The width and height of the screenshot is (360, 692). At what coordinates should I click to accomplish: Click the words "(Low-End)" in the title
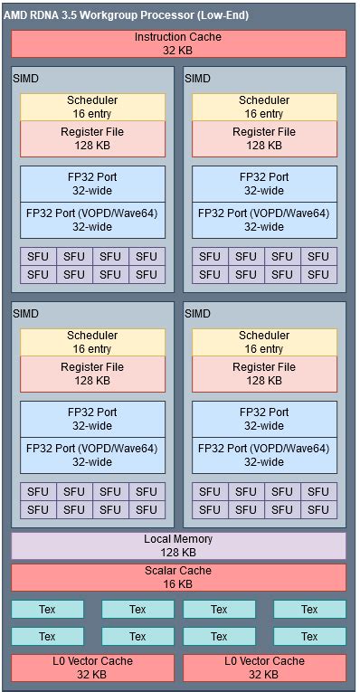217,15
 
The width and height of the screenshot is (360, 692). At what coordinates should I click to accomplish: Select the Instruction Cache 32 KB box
178,43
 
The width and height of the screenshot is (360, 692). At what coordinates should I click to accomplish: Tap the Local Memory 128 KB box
178,545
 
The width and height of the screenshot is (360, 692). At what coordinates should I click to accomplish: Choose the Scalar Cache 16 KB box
178,577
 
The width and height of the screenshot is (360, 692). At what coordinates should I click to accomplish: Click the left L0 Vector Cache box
92,668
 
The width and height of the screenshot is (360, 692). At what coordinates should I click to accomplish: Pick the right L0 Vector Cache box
264,668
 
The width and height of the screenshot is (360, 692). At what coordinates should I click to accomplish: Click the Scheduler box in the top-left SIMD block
92,107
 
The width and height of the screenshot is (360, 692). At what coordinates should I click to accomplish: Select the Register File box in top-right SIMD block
264,138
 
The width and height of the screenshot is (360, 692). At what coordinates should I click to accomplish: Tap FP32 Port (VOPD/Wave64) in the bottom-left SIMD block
92,455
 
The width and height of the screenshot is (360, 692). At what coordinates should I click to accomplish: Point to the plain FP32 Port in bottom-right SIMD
264,419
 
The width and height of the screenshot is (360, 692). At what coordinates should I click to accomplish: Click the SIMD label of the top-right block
197,79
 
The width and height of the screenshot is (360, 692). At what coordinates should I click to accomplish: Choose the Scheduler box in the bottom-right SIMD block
264,342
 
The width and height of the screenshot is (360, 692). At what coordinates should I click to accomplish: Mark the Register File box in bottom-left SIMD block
92,374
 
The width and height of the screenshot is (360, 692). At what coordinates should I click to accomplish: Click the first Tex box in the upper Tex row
47,610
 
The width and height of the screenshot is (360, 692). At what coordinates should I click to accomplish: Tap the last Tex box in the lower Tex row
309,637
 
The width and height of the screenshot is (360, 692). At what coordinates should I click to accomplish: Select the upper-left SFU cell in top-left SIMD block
38,256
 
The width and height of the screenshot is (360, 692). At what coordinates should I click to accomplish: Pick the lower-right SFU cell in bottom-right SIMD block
318,509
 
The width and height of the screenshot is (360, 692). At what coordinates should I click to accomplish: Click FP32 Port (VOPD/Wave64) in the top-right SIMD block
264,220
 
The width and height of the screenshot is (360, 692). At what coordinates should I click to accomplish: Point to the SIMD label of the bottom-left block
25,314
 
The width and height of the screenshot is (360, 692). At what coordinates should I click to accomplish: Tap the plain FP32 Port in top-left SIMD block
92,184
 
